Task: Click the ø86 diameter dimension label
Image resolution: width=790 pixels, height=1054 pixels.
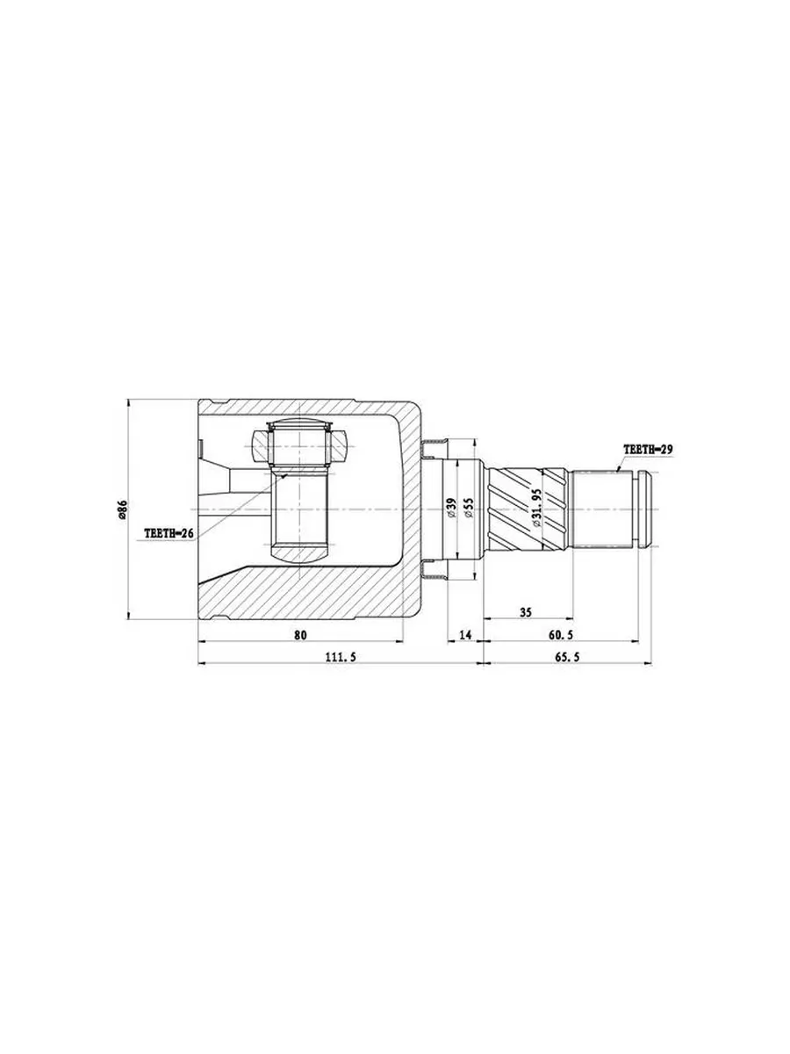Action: click(122, 509)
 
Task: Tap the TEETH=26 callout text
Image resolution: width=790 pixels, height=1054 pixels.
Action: click(168, 533)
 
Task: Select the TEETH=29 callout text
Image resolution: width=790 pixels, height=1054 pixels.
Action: click(648, 450)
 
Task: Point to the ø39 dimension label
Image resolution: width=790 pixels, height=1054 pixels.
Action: click(450, 507)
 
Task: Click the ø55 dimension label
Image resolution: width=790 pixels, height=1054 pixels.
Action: click(469, 507)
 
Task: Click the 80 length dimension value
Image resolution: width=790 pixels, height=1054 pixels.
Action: click(300, 635)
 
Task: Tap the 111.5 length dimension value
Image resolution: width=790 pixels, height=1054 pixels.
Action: click(341, 657)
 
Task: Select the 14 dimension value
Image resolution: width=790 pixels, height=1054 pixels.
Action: click(465, 635)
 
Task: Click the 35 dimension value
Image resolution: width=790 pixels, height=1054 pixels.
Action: click(526, 612)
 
